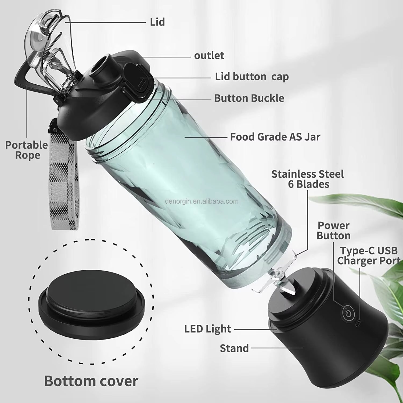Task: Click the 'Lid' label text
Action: pos(157,22)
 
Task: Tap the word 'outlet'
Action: pos(209,56)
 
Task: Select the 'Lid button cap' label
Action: pos(252,77)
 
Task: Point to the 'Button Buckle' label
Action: pos(249,98)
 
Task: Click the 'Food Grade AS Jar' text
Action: pos(275,137)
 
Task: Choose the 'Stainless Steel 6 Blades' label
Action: pos(308,179)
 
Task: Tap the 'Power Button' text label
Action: pos(333,231)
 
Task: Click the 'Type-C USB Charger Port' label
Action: pos(369,256)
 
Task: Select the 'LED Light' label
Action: pos(208,329)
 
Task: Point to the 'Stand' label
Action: pos(234,348)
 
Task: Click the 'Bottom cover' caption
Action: pos(91,381)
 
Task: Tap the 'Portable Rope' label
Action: pos(27,150)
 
